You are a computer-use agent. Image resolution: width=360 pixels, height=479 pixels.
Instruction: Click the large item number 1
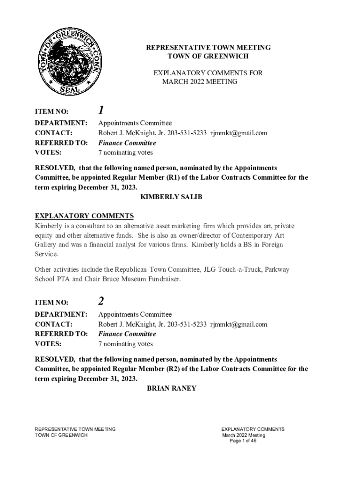(101, 110)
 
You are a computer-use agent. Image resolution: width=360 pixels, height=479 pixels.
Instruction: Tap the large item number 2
(101, 302)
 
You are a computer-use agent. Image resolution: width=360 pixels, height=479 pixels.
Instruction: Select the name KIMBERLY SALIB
(172, 197)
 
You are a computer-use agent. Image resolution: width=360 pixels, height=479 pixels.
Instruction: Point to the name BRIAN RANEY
(172, 388)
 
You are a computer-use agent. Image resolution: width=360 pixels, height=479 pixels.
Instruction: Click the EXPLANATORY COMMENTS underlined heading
(85, 216)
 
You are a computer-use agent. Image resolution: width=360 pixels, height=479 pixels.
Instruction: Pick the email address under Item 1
(238, 133)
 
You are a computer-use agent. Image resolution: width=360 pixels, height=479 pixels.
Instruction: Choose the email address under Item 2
(238, 325)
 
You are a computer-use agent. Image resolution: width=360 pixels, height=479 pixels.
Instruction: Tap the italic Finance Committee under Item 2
(127, 334)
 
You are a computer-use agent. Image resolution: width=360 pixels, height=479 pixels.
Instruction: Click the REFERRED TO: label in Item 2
(61, 334)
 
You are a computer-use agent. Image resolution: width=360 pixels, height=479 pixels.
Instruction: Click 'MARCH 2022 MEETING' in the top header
(200, 82)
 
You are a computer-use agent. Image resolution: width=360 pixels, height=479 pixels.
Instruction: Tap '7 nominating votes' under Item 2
(125, 344)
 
